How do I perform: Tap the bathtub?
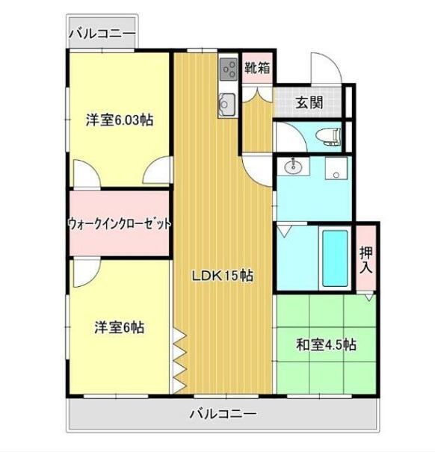coord(335,258)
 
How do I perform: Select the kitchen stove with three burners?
coord(229,69)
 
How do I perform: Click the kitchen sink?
coord(227,105)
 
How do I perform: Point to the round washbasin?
coord(293,166)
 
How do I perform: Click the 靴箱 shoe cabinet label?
coord(257,67)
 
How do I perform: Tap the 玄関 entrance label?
coord(309,102)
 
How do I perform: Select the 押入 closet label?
coord(366,259)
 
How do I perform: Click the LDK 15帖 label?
coord(223,276)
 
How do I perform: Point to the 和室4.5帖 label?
coord(326,344)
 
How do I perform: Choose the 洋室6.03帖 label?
coord(120,120)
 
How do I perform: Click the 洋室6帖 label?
coord(120,327)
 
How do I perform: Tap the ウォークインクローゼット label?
coord(120,223)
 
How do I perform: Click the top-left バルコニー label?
coord(102,34)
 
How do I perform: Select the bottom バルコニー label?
coord(223,414)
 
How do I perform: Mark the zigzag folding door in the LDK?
coord(179,361)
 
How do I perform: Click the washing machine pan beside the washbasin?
coord(336,168)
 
